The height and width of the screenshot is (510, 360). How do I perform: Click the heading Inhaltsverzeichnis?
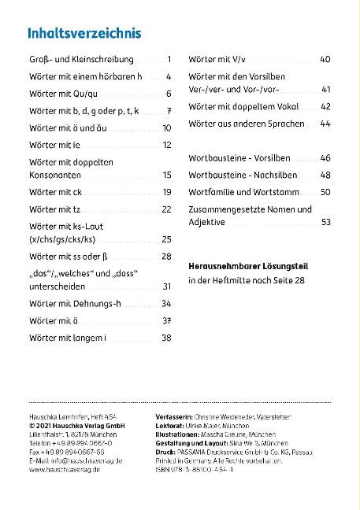coord(84,33)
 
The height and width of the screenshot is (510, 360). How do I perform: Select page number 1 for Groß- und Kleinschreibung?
coord(169,60)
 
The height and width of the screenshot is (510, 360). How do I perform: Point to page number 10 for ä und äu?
coord(167,128)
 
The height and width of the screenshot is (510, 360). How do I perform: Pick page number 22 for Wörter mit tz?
coord(166,209)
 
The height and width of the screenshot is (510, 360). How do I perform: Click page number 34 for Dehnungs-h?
coord(166,304)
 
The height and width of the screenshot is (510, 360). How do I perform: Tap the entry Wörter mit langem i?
coord(68,338)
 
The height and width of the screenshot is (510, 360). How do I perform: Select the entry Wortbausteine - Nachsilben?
coord(244,175)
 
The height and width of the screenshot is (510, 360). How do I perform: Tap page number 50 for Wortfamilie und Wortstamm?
coord(326,192)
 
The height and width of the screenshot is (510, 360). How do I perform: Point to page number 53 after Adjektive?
coord(326,223)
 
